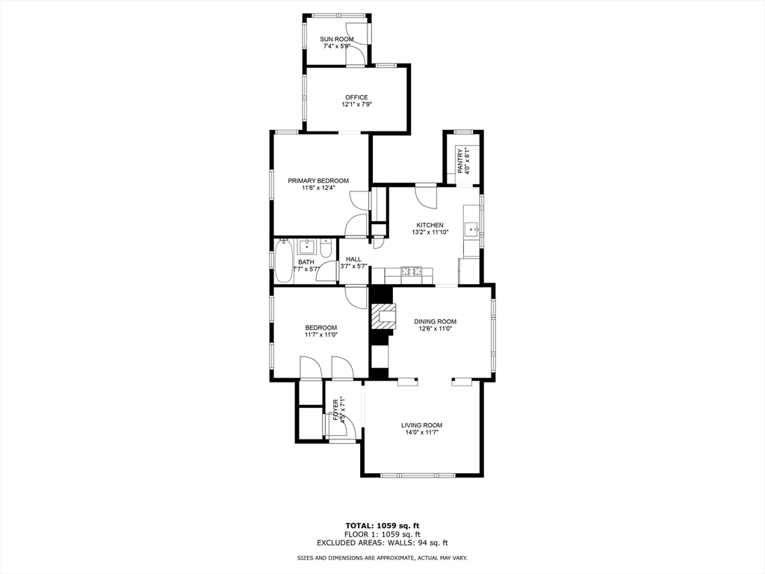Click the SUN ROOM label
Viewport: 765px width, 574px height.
click(x=337, y=39)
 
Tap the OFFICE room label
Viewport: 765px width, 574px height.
click(x=356, y=97)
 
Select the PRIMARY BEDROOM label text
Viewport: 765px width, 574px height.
click(x=318, y=181)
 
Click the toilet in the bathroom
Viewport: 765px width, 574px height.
click(x=327, y=247)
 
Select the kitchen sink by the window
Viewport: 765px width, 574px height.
click(x=471, y=229)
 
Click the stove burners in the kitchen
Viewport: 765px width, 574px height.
click(x=412, y=271)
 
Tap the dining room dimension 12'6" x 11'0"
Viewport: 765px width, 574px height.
click(x=435, y=329)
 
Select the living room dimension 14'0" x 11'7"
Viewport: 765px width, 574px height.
click(x=421, y=433)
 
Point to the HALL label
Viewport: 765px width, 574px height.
click(x=353, y=259)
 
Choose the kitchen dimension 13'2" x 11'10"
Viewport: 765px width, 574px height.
click(x=430, y=232)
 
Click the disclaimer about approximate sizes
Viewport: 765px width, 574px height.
click(x=382, y=558)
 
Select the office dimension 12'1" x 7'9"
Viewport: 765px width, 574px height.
click(x=356, y=105)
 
